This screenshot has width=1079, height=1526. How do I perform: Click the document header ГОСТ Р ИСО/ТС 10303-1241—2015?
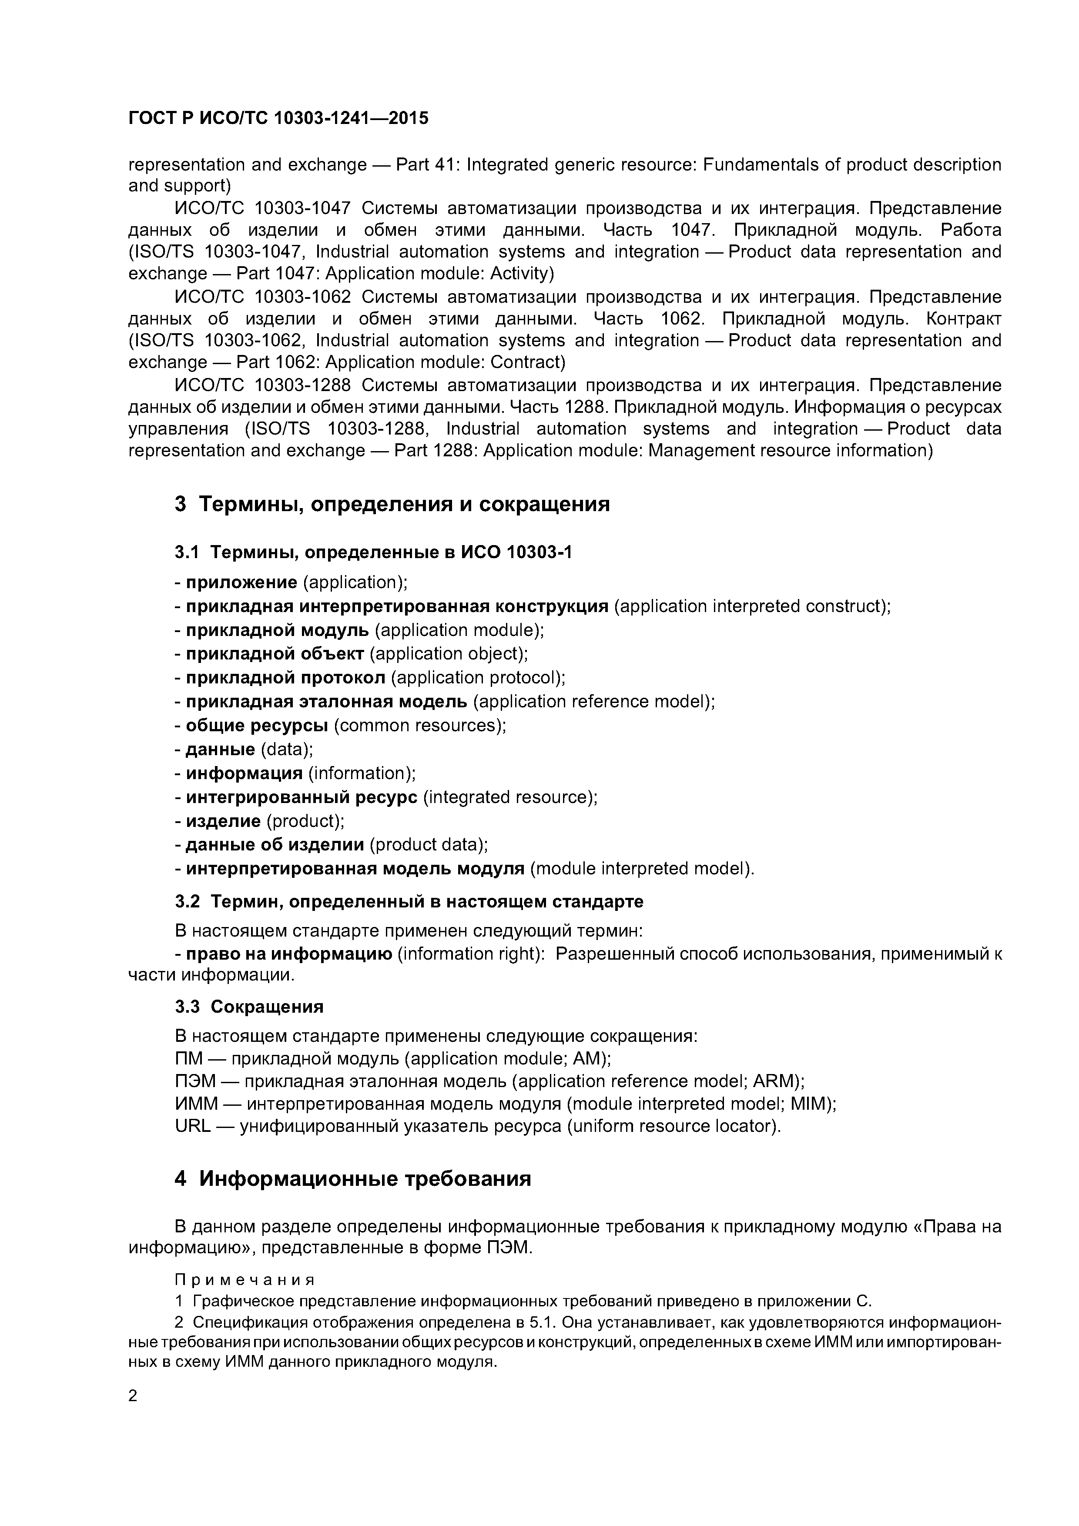coord(278,118)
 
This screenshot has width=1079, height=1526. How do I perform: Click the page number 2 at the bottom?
coord(133,1396)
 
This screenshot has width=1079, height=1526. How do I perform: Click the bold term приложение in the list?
coord(241,583)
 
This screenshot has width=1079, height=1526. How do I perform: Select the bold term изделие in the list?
coord(223,821)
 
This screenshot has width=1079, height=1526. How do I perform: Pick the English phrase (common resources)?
coord(419,726)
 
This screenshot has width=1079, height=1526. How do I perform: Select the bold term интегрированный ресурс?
coord(301,797)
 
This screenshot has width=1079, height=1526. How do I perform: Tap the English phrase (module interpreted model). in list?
coord(643,869)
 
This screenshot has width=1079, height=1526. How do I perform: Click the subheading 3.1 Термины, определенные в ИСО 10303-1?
coord(373,552)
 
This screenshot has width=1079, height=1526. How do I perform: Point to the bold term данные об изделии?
coord(275,845)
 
